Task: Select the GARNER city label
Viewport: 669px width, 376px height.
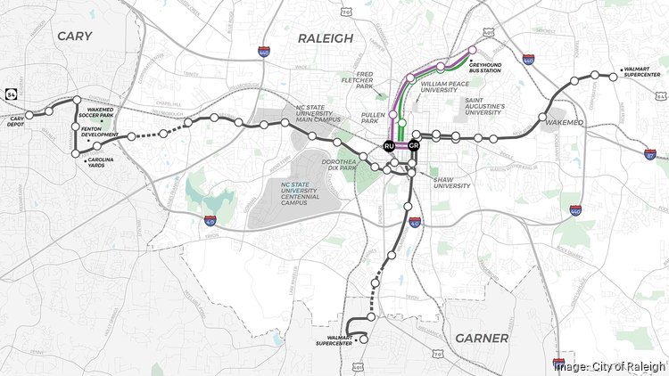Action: point(481,338)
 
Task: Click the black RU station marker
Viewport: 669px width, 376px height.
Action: point(389,145)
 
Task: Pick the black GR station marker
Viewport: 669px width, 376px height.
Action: point(414,145)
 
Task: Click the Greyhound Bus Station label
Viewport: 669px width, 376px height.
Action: point(484,67)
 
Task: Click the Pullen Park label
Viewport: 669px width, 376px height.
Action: point(373,117)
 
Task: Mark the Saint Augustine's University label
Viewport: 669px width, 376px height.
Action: point(488,107)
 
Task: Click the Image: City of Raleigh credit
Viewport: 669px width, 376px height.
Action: point(609,365)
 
